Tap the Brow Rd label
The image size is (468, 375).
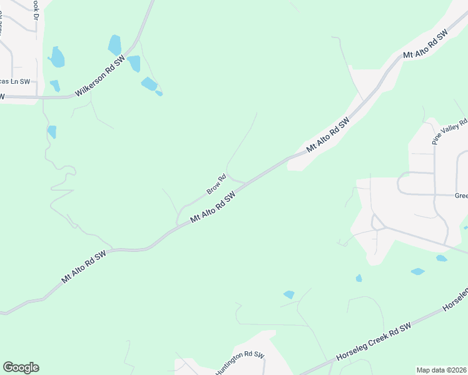pos(215,184)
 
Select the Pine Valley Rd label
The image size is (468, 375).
pos(449,132)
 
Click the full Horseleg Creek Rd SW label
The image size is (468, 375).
pos(374,341)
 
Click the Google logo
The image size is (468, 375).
pos(21,367)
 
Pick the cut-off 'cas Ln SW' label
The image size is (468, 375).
pos(16,81)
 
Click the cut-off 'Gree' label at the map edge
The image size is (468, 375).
pos(461,196)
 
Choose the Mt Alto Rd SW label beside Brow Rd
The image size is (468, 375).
pos(213,207)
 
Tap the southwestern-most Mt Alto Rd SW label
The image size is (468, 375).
pos(84,267)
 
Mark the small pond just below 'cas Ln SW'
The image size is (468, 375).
pos(55,86)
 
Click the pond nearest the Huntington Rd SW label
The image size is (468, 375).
pos(288,294)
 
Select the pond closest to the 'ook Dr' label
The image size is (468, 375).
pos(56,57)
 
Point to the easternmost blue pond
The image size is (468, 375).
pos(442,258)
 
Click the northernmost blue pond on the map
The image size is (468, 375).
pos(114,44)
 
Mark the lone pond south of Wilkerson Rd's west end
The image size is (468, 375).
pos(52,131)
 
